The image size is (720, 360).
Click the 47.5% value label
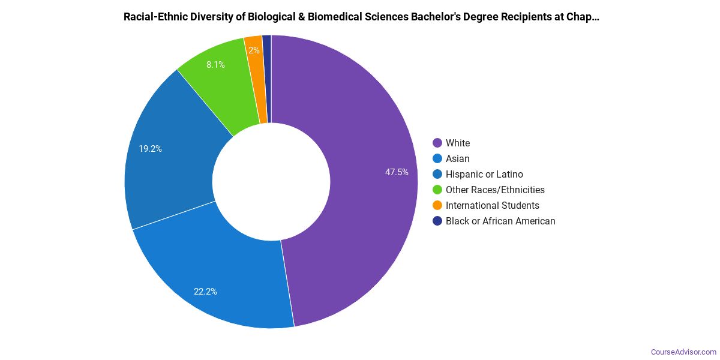point(397,172)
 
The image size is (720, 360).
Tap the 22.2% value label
point(205,292)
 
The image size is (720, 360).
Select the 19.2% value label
point(150,149)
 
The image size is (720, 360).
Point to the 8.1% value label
point(215,65)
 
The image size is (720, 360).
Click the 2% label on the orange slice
point(254,50)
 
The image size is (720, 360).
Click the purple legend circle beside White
point(437,143)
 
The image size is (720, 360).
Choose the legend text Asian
point(457,158)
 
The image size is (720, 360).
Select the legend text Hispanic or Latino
point(484,174)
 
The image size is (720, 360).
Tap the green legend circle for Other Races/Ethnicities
point(437,190)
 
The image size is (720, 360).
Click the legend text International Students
point(492,205)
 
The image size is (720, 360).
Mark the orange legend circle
point(437,205)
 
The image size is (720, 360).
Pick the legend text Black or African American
point(500,221)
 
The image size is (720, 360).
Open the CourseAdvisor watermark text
point(683,352)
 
